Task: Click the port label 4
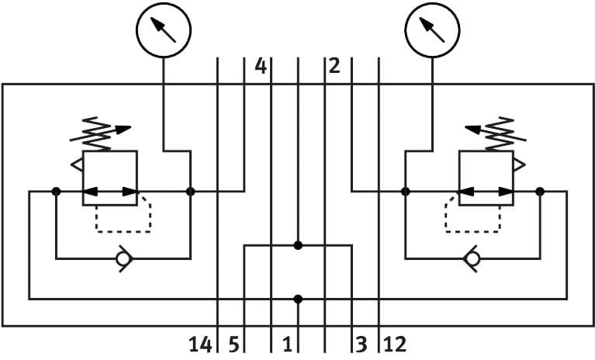tap(261, 67)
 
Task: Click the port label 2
tap(334, 67)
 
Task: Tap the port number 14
tap(200, 344)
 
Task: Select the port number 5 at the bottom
tap(232, 344)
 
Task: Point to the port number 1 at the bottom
tap(286, 344)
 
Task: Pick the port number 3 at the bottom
tap(361, 344)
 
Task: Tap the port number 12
tap(394, 344)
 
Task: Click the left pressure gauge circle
tap(163, 29)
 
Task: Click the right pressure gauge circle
tap(432, 29)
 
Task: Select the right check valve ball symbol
tap(472, 258)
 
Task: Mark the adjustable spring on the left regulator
tap(99, 133)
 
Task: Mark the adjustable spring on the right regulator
tap(496, 133)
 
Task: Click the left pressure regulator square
tap(109, 178)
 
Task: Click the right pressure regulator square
tap(486, 178)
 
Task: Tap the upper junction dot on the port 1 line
tap(298, 246)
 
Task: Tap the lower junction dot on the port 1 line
tap(298, 298)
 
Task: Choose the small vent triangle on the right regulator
tap(517, 164)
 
